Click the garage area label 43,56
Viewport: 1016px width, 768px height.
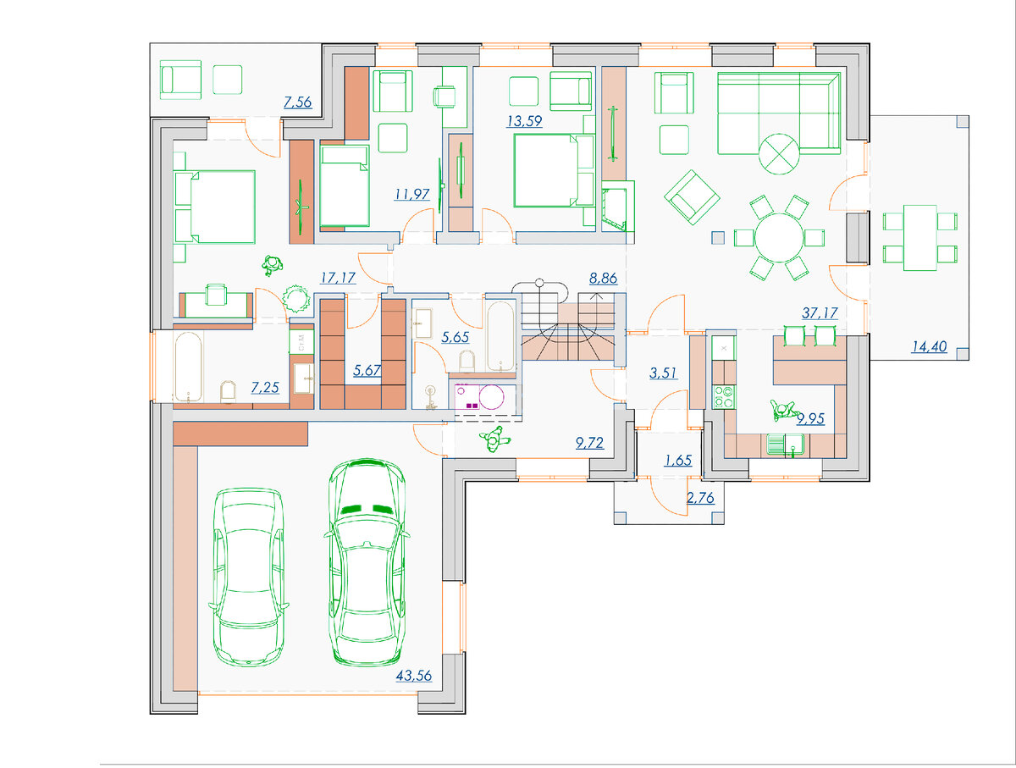413,676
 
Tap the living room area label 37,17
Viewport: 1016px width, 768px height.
820,313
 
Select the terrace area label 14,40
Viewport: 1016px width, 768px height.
929,346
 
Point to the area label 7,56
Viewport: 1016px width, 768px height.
298,102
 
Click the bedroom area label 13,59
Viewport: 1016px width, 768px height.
524,121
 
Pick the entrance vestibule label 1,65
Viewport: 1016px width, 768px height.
678,460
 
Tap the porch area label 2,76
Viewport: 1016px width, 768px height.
700,498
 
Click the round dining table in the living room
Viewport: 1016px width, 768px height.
779,237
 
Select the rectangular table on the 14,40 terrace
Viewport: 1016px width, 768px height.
920,237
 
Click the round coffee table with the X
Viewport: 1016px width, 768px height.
779,154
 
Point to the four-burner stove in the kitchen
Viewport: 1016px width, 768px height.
723,397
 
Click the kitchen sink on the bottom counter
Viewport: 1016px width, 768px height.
785,445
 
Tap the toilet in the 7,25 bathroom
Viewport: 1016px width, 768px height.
228,391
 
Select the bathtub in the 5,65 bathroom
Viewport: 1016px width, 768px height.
501,335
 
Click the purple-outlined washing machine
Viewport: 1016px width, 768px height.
479,397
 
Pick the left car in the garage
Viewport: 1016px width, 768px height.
249,577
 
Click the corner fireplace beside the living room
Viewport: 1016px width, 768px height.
617,207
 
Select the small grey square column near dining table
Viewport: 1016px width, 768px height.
718,237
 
